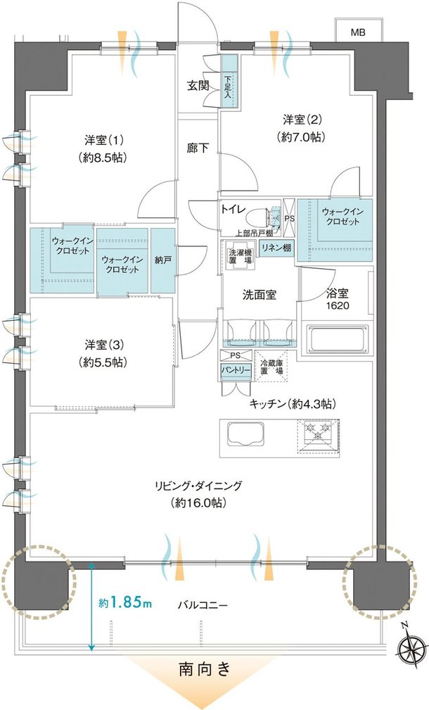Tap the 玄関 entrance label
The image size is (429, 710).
pos(198,86)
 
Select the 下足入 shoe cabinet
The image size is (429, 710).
pos(229,81)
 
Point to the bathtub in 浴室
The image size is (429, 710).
pos(338,338)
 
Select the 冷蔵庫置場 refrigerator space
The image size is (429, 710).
pos(271,366)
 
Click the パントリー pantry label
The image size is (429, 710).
pos(236,370)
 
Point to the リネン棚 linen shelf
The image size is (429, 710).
pos(275,248)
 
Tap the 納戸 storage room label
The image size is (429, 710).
pos(163,260)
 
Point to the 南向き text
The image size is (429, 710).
pos(205,668)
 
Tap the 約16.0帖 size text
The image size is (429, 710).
pos(198,502)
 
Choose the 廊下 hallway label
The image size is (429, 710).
pos(198,148)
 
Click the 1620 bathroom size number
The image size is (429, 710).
pos(338,305)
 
